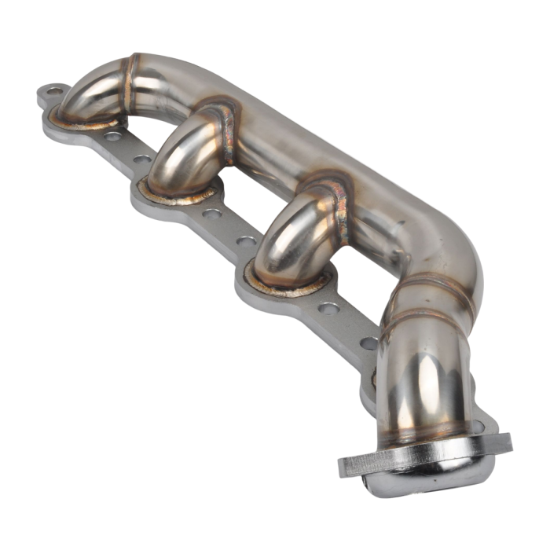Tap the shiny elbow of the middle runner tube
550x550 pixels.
pos(177,153)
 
